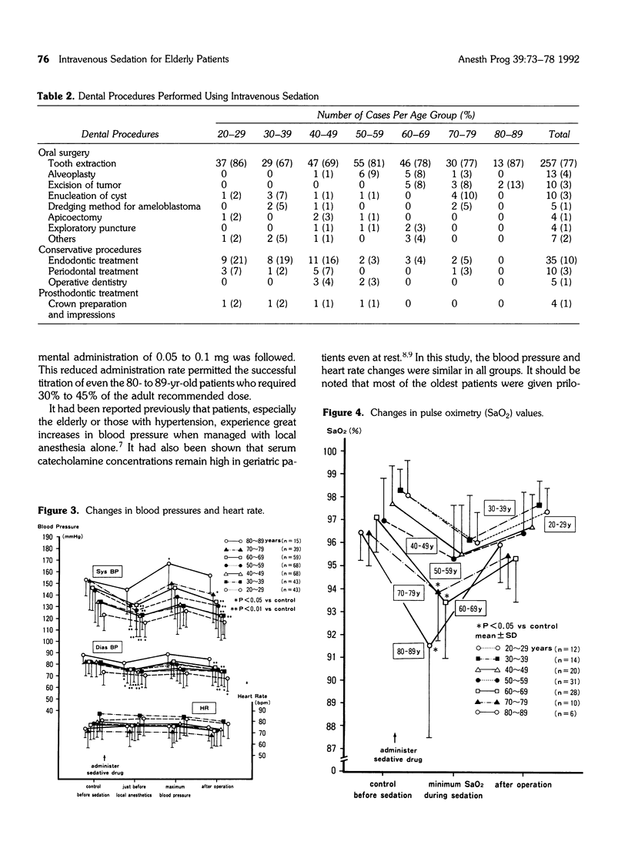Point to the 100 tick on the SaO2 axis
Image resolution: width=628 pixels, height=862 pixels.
click(x=331, y=451)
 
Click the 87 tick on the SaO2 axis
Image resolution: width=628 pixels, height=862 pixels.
click(x=332, y=748)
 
